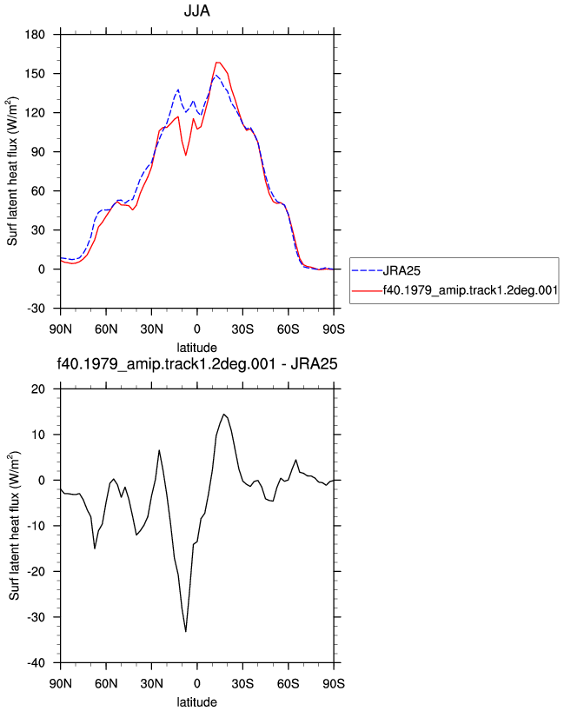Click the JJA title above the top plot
[196, 10]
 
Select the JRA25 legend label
[401, 270]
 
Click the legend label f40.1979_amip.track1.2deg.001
[470, 290]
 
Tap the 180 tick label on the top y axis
[35, 35]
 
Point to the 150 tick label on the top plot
[35, 74]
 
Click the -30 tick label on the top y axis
[36, 309]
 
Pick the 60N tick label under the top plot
[106, 329]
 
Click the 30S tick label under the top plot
[242, 329]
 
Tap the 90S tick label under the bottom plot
[334, 683]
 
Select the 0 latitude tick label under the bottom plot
[196, 683]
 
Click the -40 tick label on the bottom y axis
[36, 663]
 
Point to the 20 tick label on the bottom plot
[38, 389]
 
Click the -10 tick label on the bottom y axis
[36, 526]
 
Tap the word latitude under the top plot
[196, 348]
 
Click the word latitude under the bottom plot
[196, 702]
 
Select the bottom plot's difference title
[196, 363]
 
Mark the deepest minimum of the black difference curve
[186, 631]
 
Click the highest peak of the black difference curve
[223, 414]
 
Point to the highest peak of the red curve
[217, 62]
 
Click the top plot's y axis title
[13, 171]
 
